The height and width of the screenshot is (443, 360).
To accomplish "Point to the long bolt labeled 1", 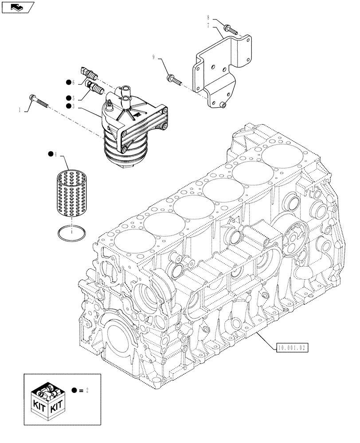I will pyautogui.click(x=39, y=101).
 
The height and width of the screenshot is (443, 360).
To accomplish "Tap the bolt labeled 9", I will pyautogui.click(x=174, y=80).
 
